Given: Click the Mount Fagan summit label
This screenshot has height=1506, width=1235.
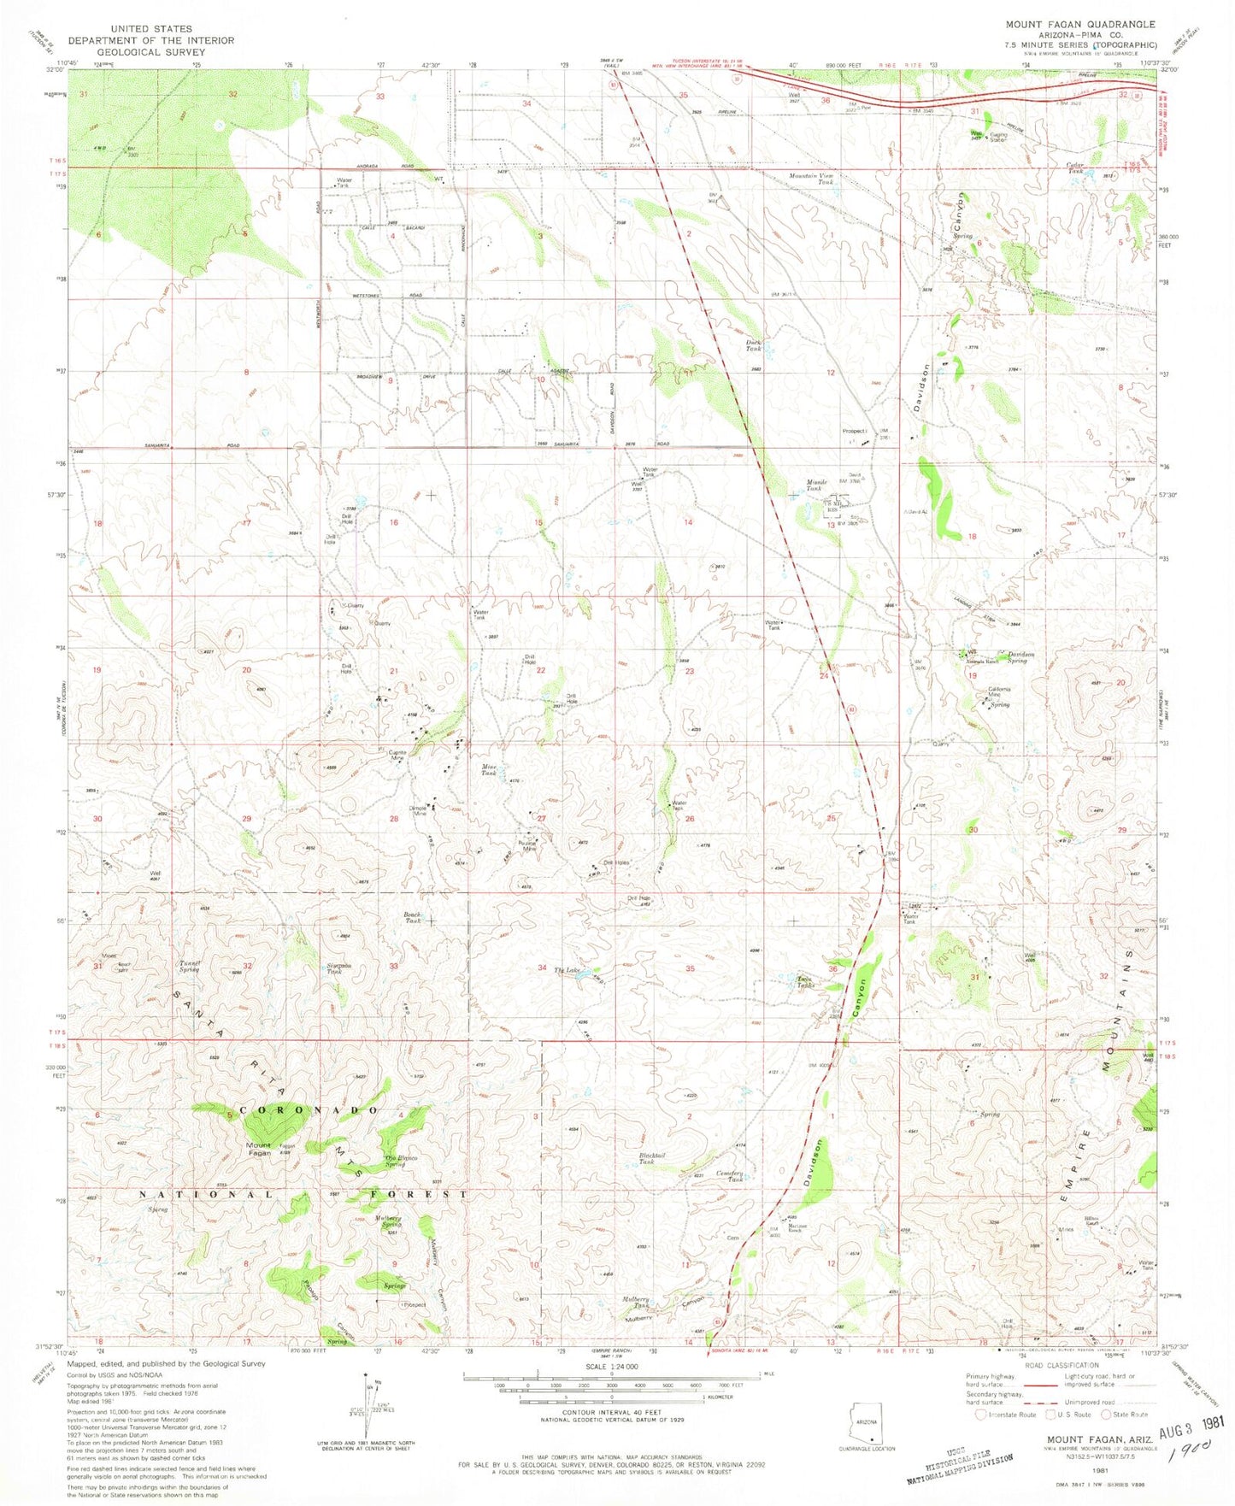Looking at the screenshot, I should [x=259, y=1149].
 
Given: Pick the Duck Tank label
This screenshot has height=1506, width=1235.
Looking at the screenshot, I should [x=753, y=346].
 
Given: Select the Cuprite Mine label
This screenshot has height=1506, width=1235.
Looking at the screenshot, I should [x=397, y=755].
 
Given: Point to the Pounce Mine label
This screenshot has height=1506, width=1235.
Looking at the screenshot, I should [x=527, y=846].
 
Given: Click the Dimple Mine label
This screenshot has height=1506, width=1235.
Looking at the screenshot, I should [x=417, y=810].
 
